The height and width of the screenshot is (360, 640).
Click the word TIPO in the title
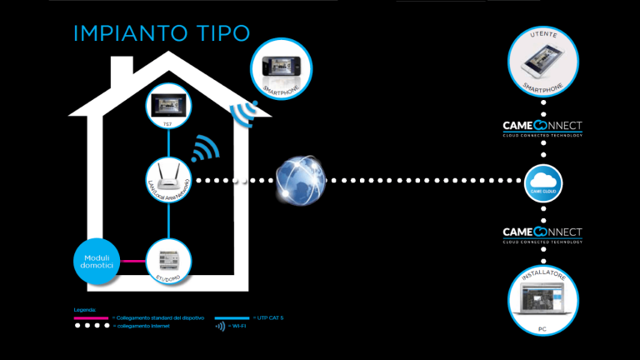(222, 33)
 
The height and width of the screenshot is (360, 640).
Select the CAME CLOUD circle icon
(545, 181)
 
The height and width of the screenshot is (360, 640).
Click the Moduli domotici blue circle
(97, 261)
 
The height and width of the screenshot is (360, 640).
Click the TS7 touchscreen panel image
(169, 106)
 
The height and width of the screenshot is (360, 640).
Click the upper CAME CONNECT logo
(542, 127)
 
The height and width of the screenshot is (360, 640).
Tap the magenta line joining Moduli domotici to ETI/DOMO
(135, 261)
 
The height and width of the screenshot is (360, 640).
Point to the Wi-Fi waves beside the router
(204, 149)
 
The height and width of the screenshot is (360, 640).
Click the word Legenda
(86, 310)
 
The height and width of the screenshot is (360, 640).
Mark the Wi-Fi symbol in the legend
(220, 327)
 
